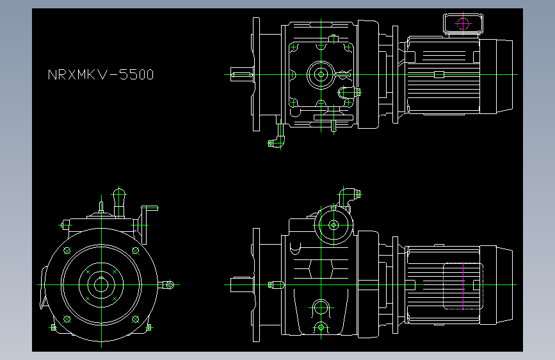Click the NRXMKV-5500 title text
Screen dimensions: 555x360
(x=101, y=75)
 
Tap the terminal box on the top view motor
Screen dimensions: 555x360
(x=463, y=24)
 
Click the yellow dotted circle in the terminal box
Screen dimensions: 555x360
(x=463, y=24)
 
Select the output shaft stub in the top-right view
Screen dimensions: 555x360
(x=241, y=75)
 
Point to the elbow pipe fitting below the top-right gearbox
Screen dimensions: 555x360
(x=278, y=137)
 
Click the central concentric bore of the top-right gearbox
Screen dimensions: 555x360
(x=320, y=74)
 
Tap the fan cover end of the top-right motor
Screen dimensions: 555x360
(x=496, y=75)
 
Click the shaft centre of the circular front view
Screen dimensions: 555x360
(x=101, y=284)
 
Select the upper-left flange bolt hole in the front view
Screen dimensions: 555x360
(x=67, y=250)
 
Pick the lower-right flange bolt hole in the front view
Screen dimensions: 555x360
(x=134, y=318)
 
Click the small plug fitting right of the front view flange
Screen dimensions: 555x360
(x=170, y=284)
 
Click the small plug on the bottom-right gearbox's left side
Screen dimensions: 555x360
(x=276, y=284)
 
